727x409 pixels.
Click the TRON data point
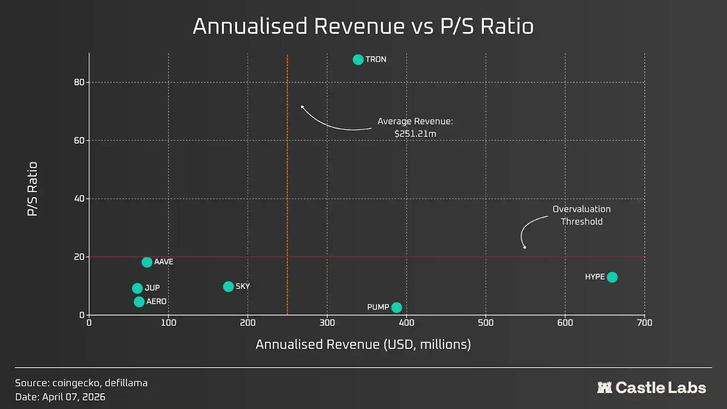tap(358, 60)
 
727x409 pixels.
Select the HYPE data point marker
tap(612, 277)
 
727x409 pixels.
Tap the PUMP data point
tap(397, 308)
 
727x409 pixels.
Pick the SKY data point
tap(229, 287)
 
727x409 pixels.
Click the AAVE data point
tap(147, 262)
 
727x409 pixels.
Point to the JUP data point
tap(137, 289)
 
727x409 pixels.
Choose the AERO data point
tap(139, 302)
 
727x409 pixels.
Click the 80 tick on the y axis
tap(80, 82)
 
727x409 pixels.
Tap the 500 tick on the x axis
tap(486, 323)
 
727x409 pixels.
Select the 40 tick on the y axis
tap(80, 199)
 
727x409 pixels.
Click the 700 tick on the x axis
tap(644, 323)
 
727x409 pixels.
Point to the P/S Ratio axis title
tap(32, 189)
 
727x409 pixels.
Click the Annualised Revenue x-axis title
tap(363, 344)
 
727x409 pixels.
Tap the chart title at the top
tap(363, 26)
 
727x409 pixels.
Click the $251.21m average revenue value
tap(415, 134)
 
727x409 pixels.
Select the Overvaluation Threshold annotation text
tap(582, 215)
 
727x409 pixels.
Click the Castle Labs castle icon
tap(604, 388)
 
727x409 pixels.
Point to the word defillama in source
tap(126, 383)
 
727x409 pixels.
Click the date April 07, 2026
tap(74, 397)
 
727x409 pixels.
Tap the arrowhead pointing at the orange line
tap(302, 107)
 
